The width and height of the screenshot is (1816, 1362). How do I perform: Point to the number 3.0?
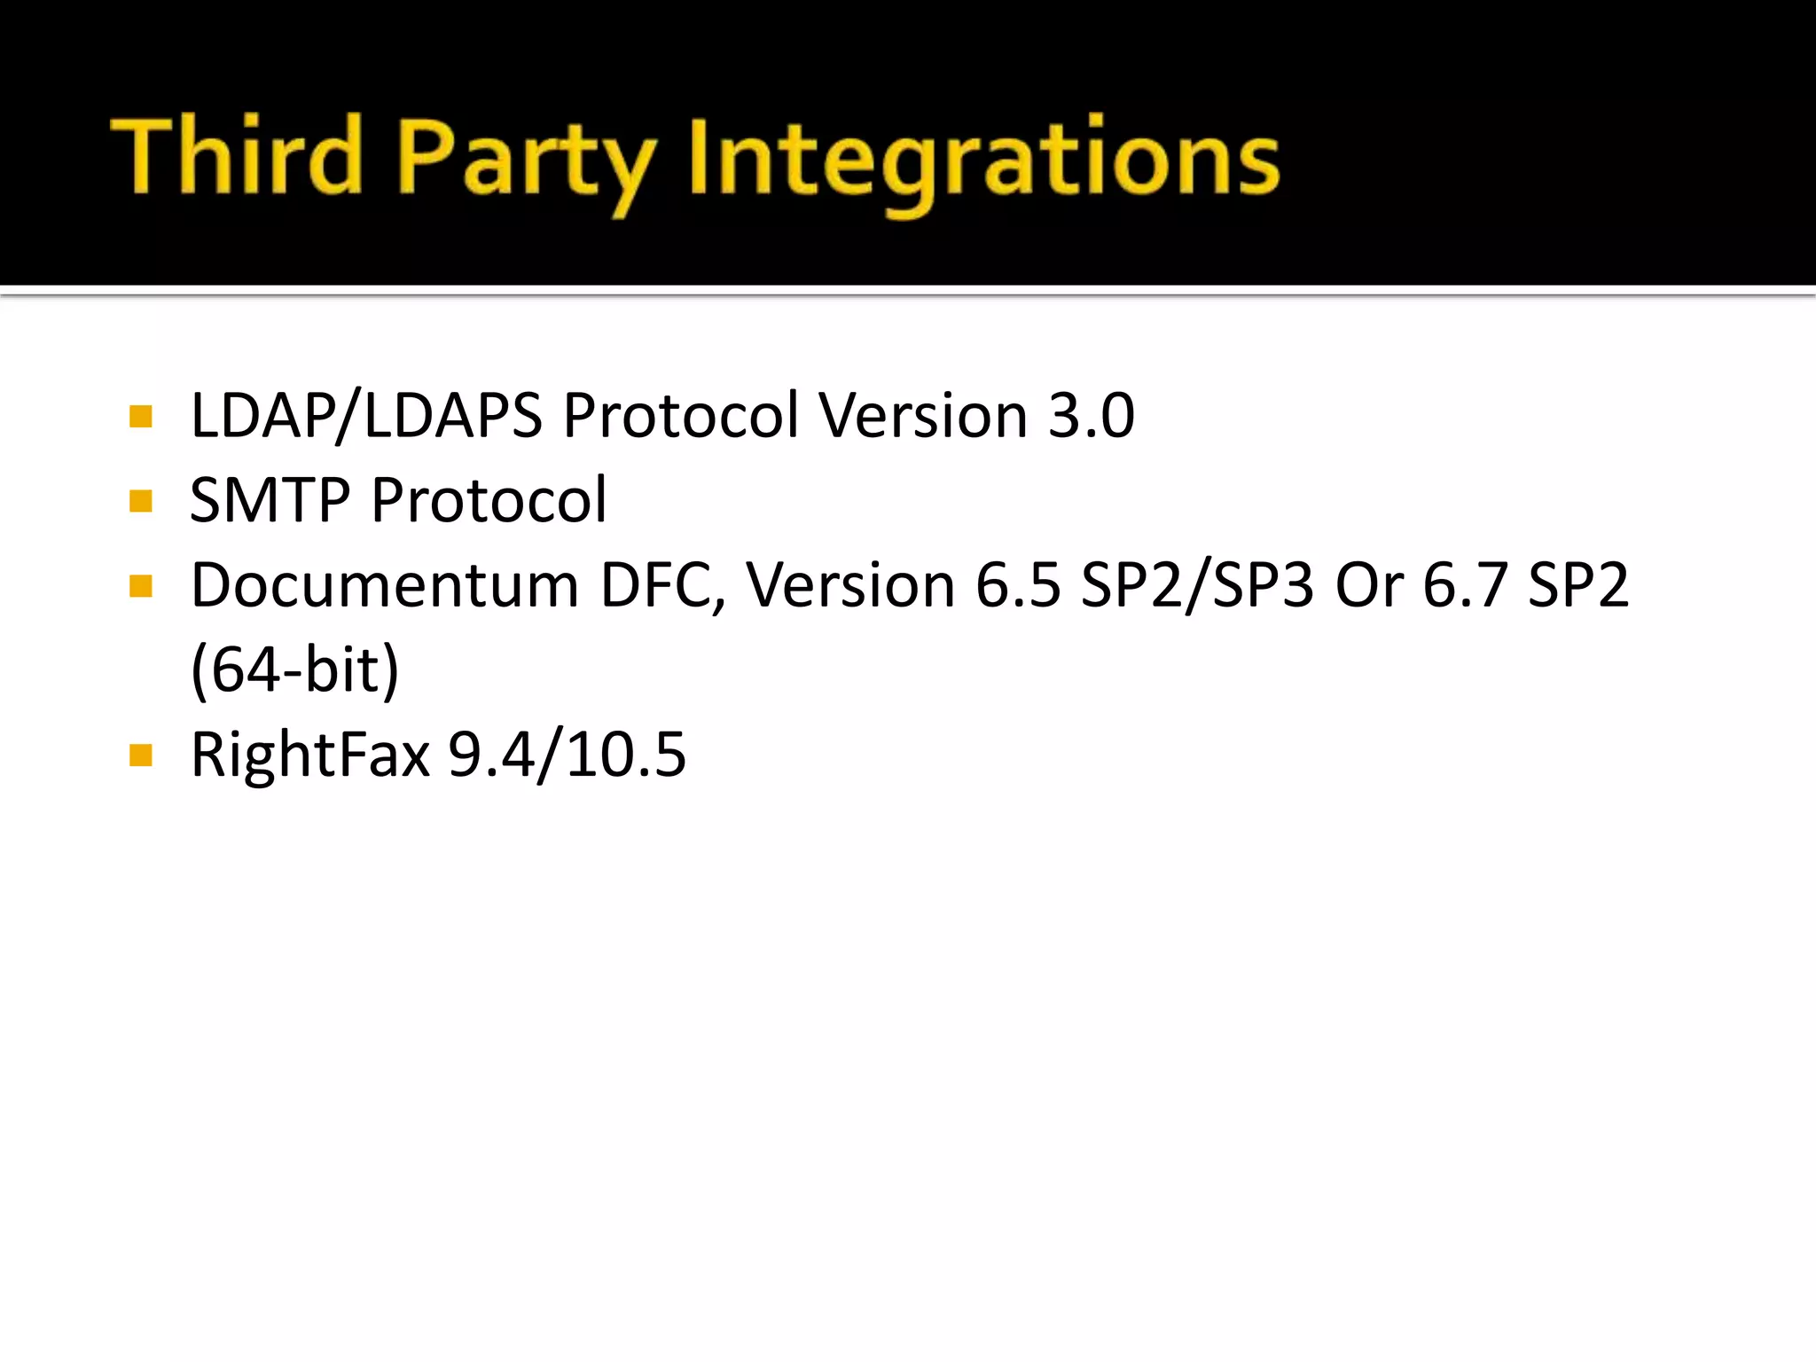[x=1091, y=415]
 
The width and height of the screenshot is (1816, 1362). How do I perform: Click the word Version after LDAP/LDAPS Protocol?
[x=923, y=415]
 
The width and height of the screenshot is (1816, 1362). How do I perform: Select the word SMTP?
[x=270, y=500]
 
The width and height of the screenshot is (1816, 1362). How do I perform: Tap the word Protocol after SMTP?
[x=489, y=500]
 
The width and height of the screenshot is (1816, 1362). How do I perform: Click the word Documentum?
[x=385, y=585]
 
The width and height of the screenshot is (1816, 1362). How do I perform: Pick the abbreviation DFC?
[x=662, y=585]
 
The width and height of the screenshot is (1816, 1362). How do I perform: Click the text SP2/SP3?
[x=1197, y=585]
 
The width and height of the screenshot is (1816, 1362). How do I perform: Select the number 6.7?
[x=1465, y=585]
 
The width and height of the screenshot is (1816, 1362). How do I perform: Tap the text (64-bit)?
[x=295, y=670]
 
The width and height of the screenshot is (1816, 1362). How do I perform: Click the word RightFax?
[x=310, y=755]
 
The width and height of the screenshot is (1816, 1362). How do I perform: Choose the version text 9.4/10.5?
[x=567, y=755]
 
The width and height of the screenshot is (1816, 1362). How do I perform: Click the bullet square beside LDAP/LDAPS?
[x=141, y=417]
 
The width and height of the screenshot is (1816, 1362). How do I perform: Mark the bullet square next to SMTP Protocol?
[x=141, y=502]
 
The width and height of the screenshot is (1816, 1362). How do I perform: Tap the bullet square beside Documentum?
[x=141, y=586]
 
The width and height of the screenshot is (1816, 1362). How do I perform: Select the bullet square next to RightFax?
[x=141, y=755]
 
